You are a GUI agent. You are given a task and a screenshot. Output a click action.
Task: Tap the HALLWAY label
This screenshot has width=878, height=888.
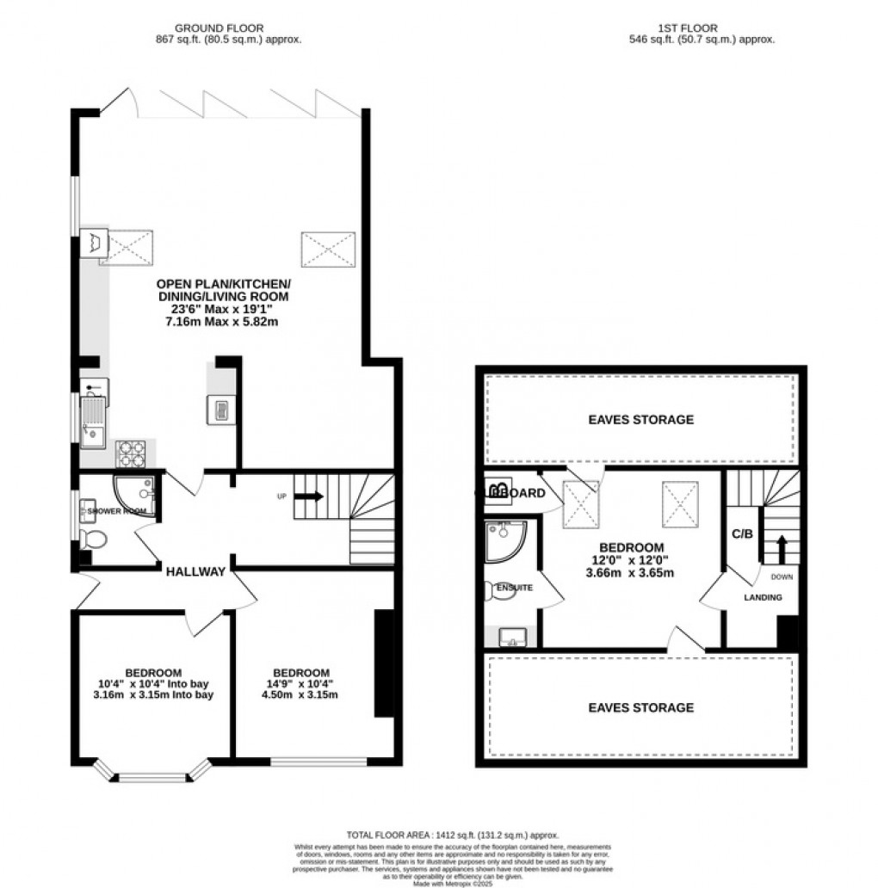pos(196,571)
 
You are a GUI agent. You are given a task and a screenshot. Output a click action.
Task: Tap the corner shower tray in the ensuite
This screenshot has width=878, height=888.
pos(502,539)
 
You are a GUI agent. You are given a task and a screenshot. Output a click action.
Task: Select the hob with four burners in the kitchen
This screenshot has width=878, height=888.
pos(131,453)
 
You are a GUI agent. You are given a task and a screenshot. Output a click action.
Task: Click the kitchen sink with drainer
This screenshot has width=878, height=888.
pos(93,422)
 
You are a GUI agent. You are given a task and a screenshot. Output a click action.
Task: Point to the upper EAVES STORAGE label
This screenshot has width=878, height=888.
pos(640,420)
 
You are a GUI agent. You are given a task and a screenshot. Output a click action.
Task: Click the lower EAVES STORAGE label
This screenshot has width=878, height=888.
pos(640,707)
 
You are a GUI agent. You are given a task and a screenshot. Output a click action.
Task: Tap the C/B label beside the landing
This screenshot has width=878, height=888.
pos(742,533)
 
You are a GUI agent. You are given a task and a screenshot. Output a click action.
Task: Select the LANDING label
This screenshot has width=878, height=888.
pos(763,597)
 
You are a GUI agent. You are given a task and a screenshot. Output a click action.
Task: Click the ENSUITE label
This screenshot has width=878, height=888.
pos(516,588)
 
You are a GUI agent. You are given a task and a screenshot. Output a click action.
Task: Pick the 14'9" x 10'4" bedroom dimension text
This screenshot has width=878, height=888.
pos(301,684)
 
